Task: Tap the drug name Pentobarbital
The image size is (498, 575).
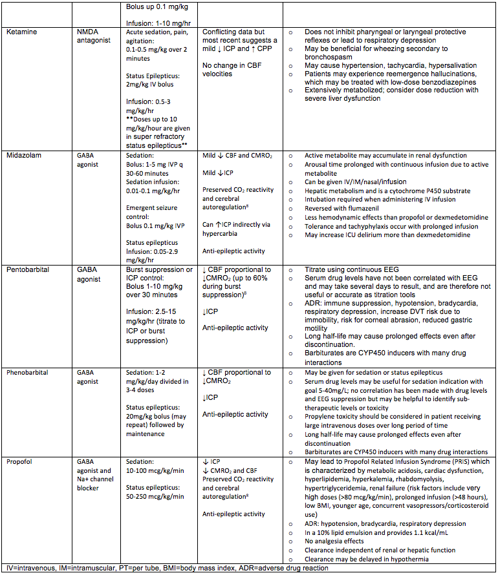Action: [29, 269]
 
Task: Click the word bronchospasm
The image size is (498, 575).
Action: [329, 57]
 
